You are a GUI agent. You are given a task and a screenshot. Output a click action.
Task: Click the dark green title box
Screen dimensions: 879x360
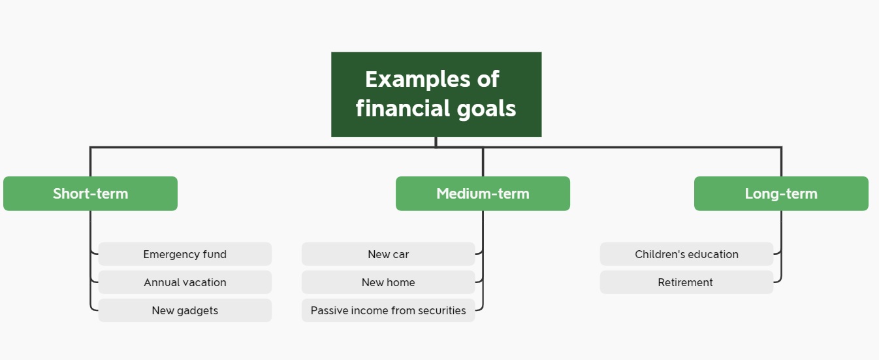click(436, 95)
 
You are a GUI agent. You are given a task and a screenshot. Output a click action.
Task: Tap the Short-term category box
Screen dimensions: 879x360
click(90, 193)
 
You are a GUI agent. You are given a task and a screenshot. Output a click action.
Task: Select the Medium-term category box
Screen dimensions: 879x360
click(483, 193)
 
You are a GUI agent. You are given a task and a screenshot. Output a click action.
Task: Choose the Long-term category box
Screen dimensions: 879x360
click(781, 193)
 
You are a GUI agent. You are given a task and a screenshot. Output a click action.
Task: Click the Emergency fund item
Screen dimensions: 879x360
click(185, 254)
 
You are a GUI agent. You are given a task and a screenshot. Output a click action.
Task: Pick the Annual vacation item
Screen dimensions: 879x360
click(185, 282)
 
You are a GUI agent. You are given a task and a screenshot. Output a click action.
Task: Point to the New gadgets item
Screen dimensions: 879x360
click(185, 310)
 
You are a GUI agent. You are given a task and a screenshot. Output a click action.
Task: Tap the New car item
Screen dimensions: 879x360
click(388, 254)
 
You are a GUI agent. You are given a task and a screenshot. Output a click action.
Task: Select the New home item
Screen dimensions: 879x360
click(388, 282)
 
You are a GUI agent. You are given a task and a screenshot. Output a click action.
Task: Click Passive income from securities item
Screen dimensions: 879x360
click(388, 310)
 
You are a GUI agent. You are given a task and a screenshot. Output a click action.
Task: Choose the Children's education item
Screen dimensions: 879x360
click(686, 254)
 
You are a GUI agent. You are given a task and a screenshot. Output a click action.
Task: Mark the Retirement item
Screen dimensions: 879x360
click(686, 282)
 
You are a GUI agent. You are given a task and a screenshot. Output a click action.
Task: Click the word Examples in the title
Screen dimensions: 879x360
click(417, 80)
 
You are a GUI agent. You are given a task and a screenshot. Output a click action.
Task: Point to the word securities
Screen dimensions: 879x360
click(442, 310)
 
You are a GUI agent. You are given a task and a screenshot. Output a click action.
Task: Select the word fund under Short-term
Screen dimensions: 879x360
click(215, 254)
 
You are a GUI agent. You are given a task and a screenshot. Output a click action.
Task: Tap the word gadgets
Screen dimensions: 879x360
click(197, 311)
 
